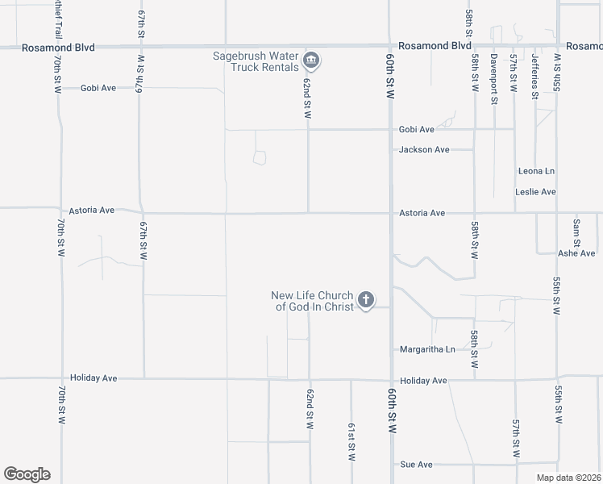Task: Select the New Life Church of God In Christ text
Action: [x=313, y=301]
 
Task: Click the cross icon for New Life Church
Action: [x=365, y=301]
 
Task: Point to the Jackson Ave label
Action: [x=424, y=150]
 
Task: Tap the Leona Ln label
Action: [x=536, y=171]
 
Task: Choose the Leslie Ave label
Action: [x=536, y=192]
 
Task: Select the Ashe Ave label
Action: [x=576, y=253]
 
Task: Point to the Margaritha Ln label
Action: [x=427, y=349]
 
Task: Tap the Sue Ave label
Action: [x=416, y=465]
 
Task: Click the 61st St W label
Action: [x=351, y=441]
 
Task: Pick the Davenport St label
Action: [x=494, y=77]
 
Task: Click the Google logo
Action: [x=27, y=474]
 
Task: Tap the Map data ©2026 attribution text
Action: [x=568, y=478]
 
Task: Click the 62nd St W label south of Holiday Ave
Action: [x=310, y=409]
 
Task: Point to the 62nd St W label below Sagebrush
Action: [x=307, y=98]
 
